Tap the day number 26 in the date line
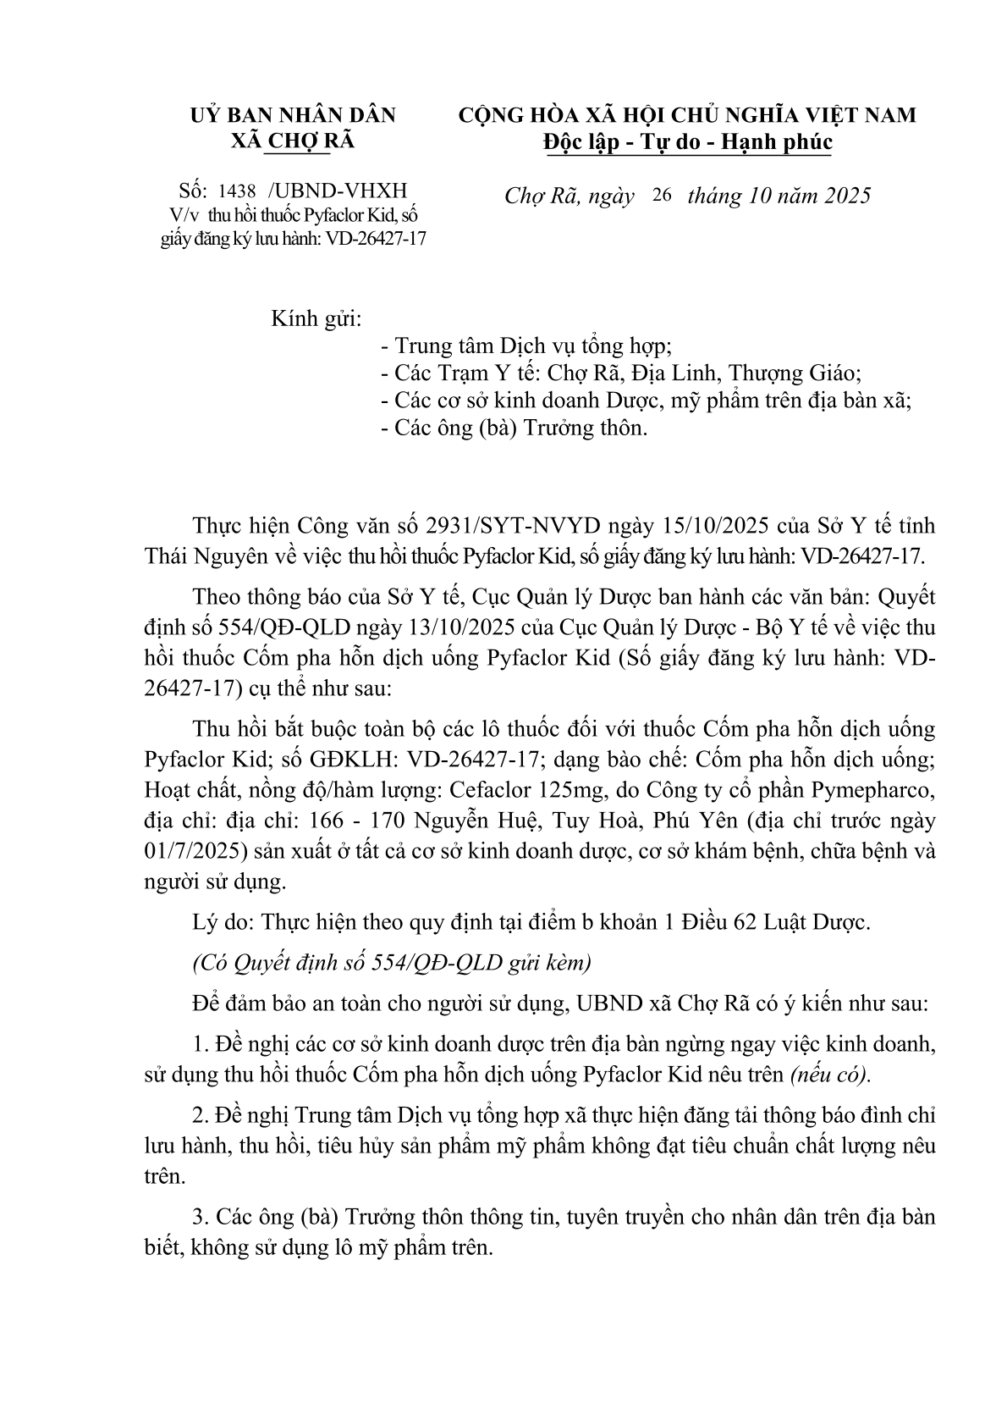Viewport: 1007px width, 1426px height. (662, 196)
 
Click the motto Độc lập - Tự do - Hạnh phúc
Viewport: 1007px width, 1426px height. (687, 142)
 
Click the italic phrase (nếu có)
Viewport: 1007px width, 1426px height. (830, 1075)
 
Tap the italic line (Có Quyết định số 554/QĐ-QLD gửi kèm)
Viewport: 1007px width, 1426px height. (392, 963)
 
